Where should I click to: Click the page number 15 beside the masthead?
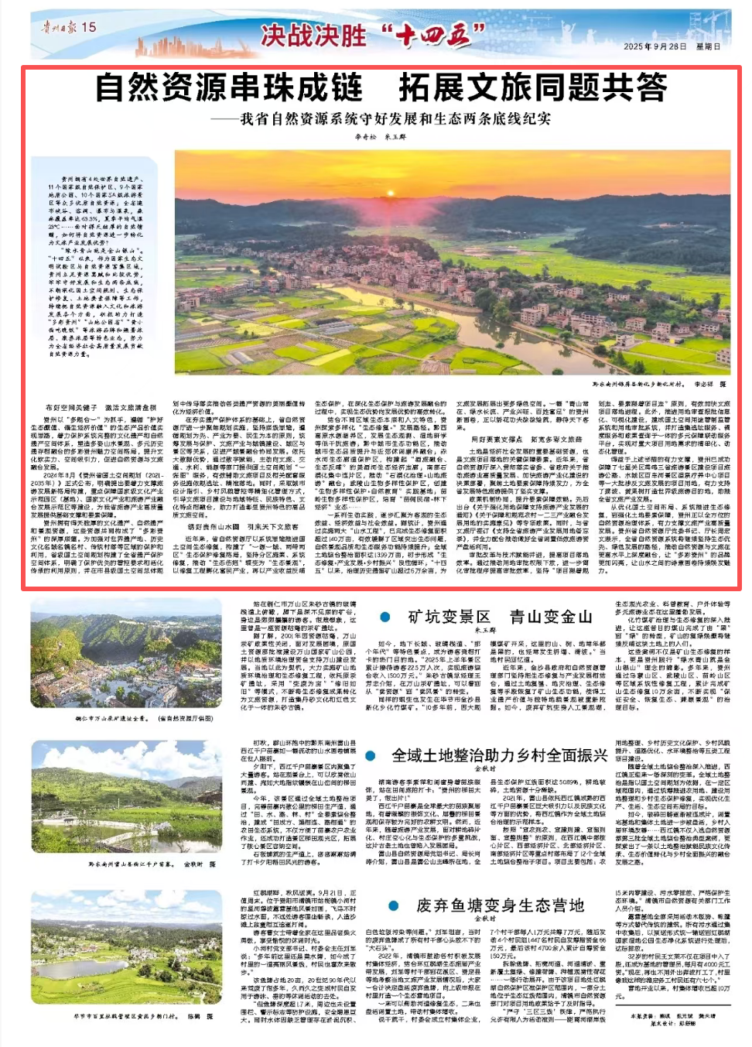[89, 27]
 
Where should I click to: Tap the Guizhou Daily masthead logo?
[59, 27]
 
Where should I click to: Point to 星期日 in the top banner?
[709, 46]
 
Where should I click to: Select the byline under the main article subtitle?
[380, 137]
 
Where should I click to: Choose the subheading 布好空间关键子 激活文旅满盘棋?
[100, 407]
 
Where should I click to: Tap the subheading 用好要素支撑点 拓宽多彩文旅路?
[526, 440]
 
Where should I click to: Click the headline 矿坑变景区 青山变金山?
[500, 617]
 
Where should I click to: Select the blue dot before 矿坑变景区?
[385, 617]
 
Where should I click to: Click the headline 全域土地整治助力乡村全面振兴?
[499, 755]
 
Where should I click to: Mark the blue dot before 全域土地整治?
[371, 756]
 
